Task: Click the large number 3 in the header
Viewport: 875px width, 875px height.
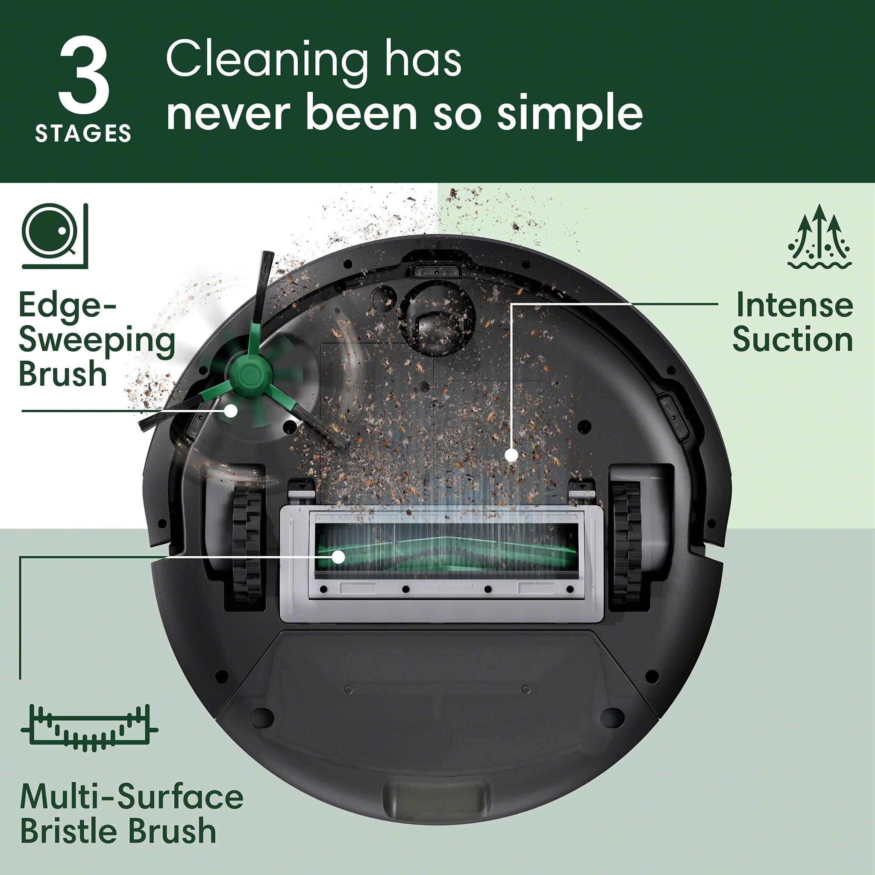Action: (84, 76)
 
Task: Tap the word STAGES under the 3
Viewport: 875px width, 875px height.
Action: (83, 134)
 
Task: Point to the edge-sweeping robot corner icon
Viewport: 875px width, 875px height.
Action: (54, 235)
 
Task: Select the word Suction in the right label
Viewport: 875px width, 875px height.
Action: (793, 339)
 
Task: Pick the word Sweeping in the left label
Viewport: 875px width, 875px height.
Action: (97, 341)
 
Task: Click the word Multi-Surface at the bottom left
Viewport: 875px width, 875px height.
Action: (132, 797)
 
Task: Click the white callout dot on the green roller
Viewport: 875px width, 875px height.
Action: (338, 557)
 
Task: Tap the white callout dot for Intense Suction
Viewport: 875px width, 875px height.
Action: (511, 455)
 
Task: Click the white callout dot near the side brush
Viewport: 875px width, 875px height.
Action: (231, 411)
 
